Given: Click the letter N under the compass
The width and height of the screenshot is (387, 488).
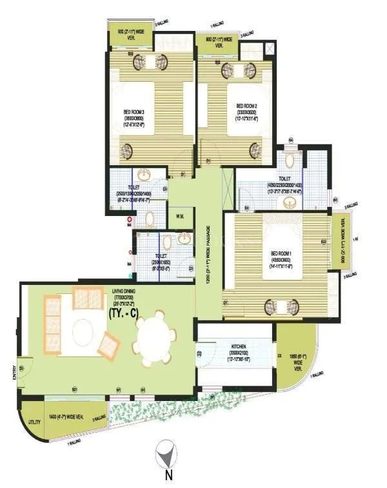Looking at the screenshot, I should pyautogui.click(x=166, y=477).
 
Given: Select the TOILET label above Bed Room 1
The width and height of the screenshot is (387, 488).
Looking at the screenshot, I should pyautogui.click(x=284, y=179).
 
